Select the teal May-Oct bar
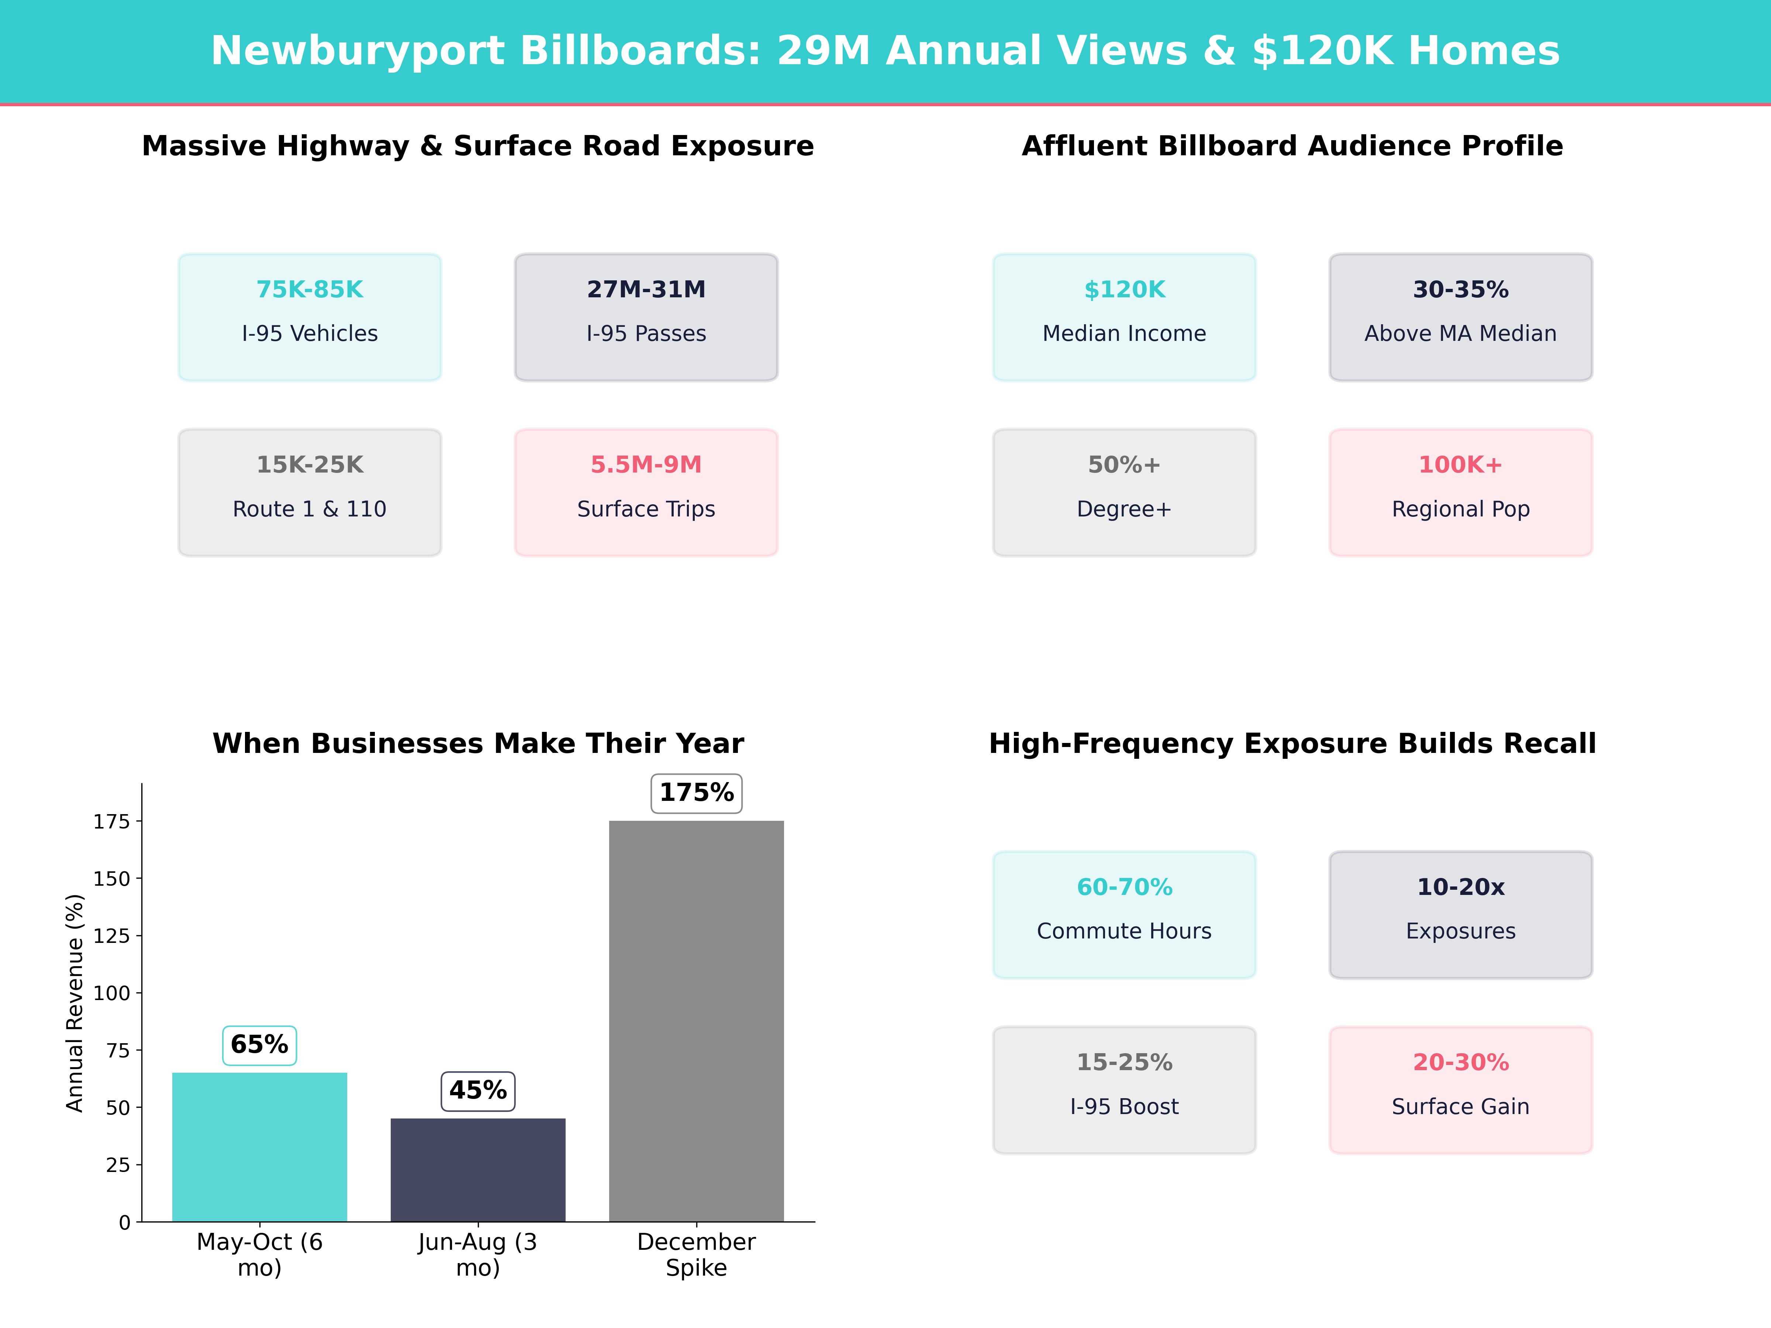pos(259,1146)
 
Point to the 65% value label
pos(259,1045)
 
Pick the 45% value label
pos(478,1090)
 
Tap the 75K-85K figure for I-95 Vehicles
pos(310,290)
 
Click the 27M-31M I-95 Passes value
pos(646,290)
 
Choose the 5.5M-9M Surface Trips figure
pos(646,465)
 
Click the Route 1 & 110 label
pos(310,509)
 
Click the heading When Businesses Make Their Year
pos(478,744)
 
